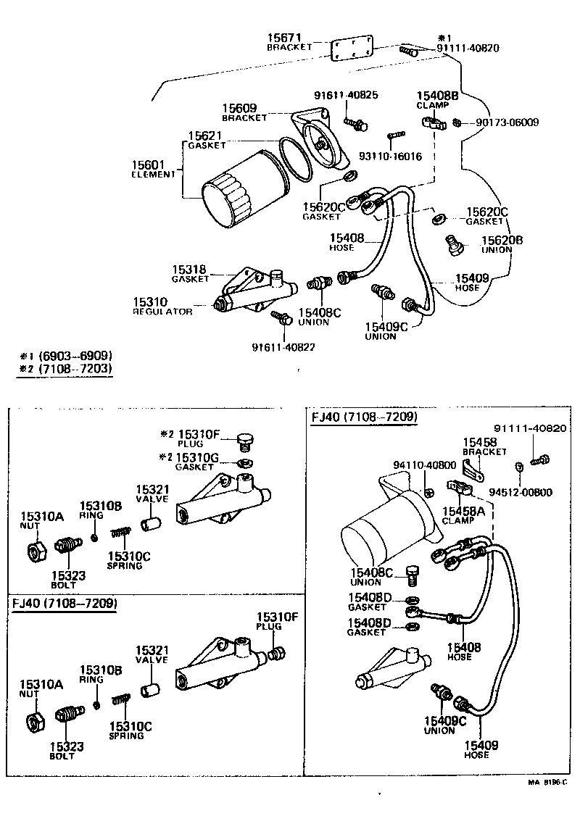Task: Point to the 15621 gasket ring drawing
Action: [296, 160]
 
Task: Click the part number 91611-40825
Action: [346, 95]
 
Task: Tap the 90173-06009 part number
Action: [507, 122]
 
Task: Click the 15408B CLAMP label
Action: [437, 99]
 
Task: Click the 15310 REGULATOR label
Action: [161, 306]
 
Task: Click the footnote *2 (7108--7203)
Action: [66, 368]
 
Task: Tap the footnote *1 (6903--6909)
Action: [66, 355]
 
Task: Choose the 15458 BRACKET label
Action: [484, 446]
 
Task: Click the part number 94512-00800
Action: [521, 493]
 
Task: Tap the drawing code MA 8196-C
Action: [547, 783]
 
